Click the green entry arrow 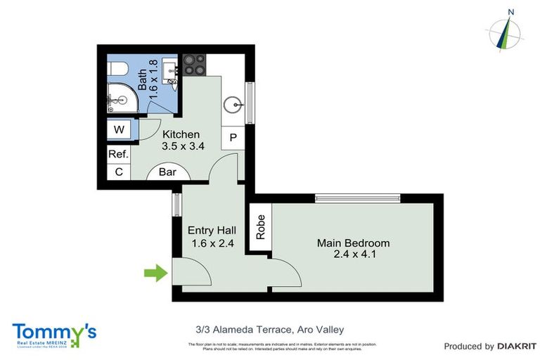coord(155,272)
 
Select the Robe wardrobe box coord(259,227)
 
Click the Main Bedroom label coord(352,249)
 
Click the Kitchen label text coord(181,140)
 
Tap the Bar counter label coord(167,171)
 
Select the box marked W coord(119,130)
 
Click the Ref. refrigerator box coord(117,154)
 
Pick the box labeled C coord(118,172)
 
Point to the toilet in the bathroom coord(116,70)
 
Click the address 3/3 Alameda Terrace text coord(269,328)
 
